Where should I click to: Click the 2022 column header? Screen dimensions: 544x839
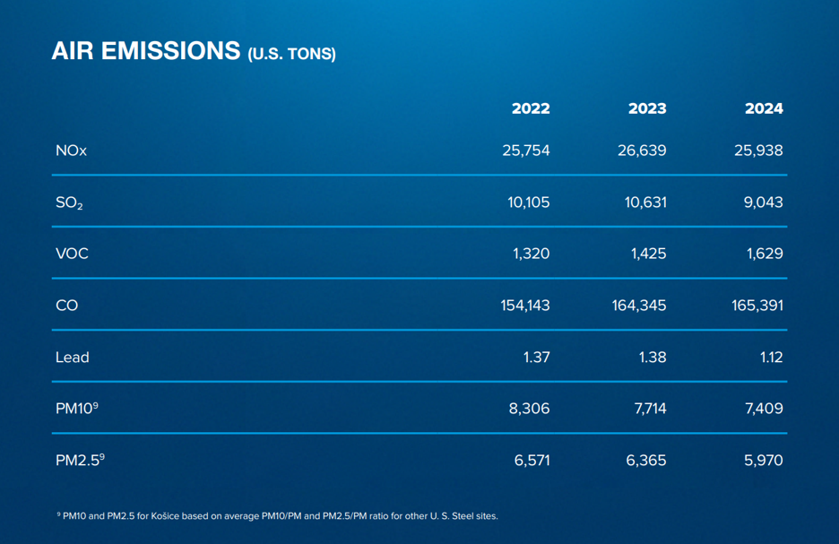[x=531, y=108]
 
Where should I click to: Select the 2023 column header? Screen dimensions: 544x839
[x=647, y=108]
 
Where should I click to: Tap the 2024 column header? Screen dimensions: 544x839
[x=764, y=108]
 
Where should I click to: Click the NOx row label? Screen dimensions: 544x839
[x=71, y=151]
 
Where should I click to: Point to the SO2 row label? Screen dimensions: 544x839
[x=69, y=203]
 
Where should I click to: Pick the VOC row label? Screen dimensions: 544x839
[x=72, y=254]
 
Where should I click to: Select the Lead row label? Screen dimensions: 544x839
[x=72, y=358]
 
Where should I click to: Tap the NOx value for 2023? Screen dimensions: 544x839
[x=642, y=151]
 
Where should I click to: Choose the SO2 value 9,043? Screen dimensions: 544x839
[x=764, y=203]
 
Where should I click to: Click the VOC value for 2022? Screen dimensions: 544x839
[x=532, y=254]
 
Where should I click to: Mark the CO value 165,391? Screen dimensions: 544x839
[x=757, y=306]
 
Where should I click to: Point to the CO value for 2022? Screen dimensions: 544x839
[x=525, y=306]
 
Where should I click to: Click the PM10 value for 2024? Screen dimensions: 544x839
[x=763, y=409]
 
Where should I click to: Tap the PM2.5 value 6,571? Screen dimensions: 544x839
[x=532, y=461]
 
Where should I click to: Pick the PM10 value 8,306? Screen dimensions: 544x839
[x=530, y=409]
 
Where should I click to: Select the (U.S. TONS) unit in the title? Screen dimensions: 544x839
[x=291, y=54]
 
